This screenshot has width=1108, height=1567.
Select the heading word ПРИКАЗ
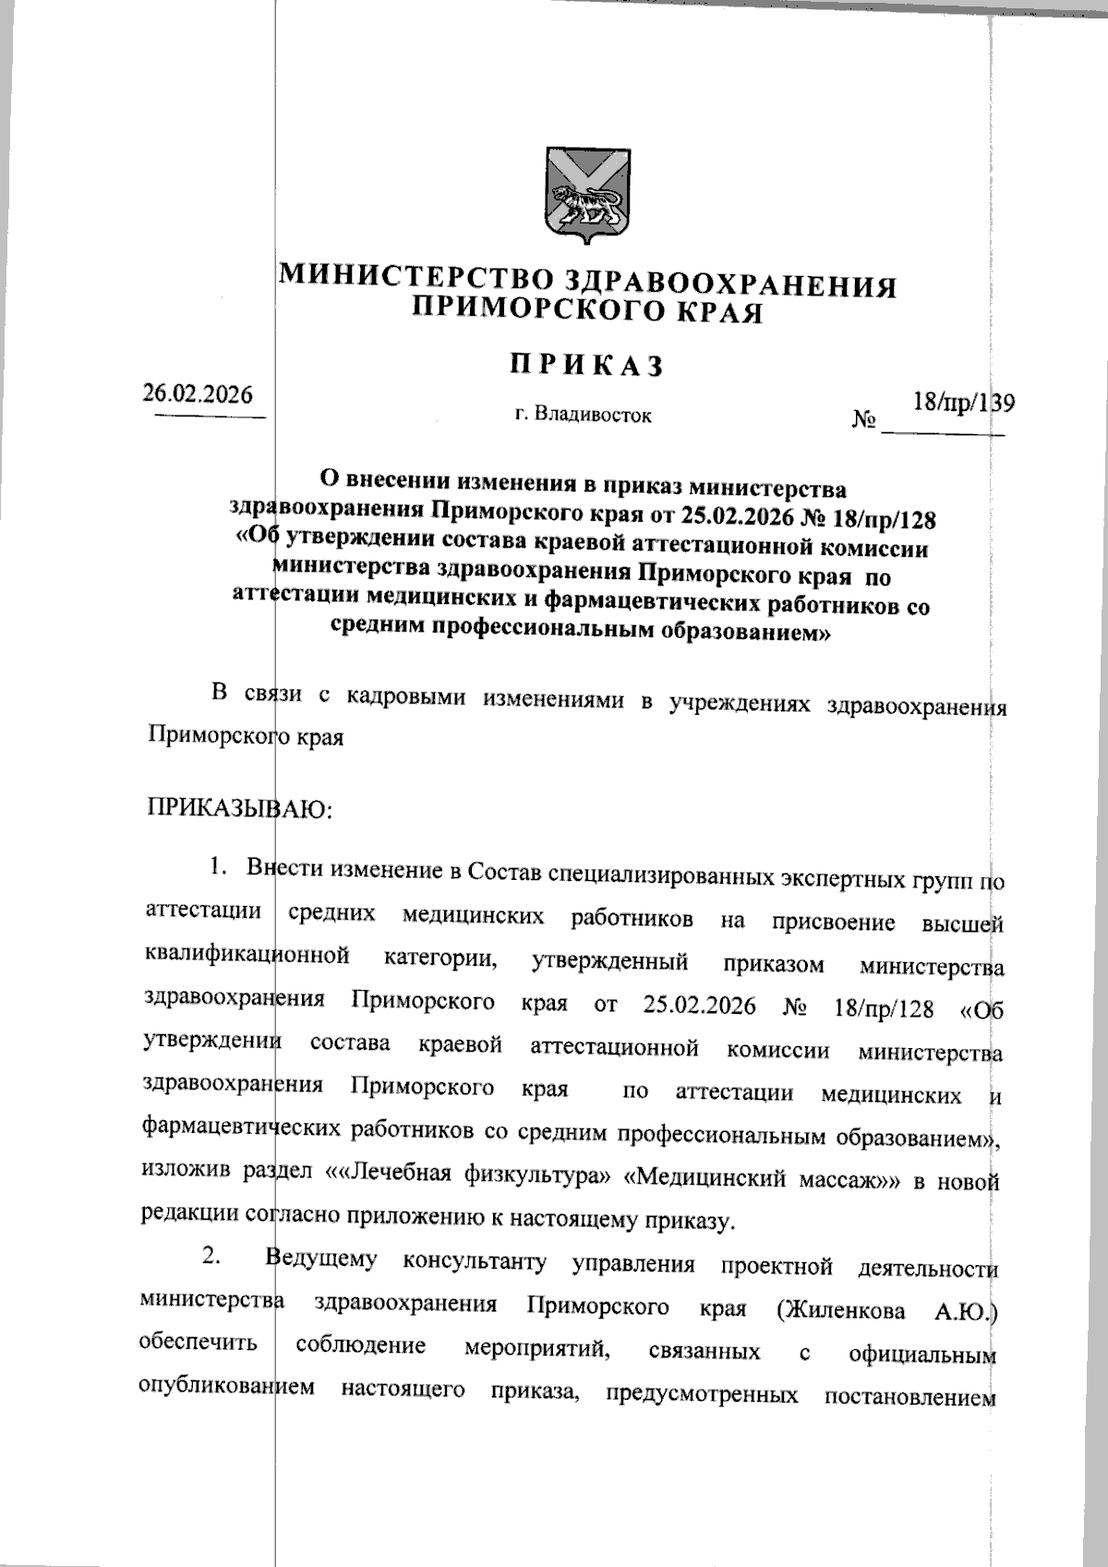coord(587,366)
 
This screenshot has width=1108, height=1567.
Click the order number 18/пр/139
coord(963,403)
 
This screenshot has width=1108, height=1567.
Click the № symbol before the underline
coord(864,421)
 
